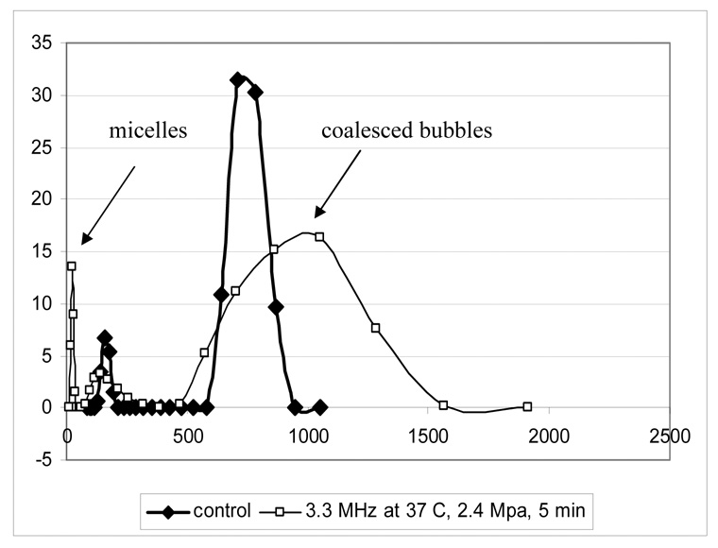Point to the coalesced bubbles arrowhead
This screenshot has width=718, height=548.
(x=316, y=215)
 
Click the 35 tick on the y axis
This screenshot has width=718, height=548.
(x=43, y=43)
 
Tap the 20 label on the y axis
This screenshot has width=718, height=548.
(x=43, y=199)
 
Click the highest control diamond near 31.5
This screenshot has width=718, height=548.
(x=237, y=80)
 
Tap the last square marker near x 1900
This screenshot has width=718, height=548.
(x=527, y=406)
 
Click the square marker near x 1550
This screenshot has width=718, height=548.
(x=443, y=405)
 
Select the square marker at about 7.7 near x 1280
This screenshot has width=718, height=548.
(x=375, y=328)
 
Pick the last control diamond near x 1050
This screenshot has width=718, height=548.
(x=320, y=407)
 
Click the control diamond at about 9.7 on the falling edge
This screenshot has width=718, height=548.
(x=276, y=307)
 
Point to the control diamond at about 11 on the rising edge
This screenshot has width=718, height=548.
(x=221, y=295)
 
